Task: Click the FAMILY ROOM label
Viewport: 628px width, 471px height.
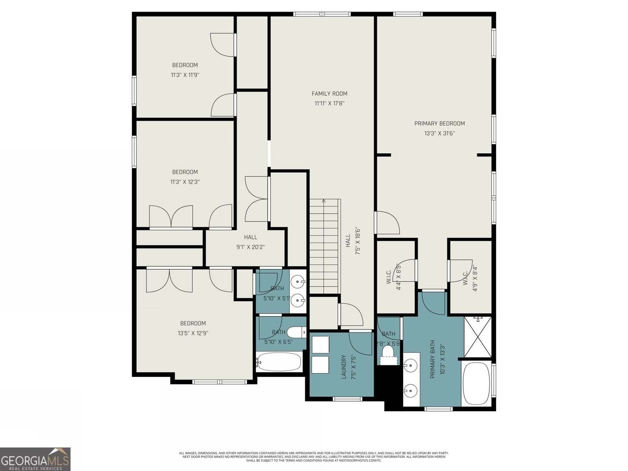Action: [329, 93]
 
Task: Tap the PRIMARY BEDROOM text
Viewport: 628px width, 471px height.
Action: [439, 123]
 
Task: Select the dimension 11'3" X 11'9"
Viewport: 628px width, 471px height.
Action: [185, 75]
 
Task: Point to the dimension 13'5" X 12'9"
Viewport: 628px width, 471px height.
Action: [193, 333]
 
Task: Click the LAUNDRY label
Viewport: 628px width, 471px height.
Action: [343, 367]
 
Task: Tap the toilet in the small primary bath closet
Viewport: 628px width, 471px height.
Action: [388, 351]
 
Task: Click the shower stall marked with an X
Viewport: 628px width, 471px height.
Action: [477, 337]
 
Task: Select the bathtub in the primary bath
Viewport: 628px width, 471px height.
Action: [476, 384]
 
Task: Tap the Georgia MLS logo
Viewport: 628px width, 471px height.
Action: [35, 459]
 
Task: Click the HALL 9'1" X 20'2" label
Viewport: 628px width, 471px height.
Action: [250, 242]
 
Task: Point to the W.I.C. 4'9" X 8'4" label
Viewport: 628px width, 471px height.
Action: [470, 277]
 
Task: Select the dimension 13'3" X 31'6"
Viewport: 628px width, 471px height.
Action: [439, 133]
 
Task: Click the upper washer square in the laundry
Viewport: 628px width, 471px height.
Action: [320, 345]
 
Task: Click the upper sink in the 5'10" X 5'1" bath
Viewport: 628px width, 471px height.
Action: [299, 281]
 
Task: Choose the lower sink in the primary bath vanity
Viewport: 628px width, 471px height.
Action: [410, 391]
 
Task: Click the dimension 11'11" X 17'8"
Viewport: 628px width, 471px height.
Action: [329, 104]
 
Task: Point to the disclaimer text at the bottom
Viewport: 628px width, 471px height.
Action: [314, 456]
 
